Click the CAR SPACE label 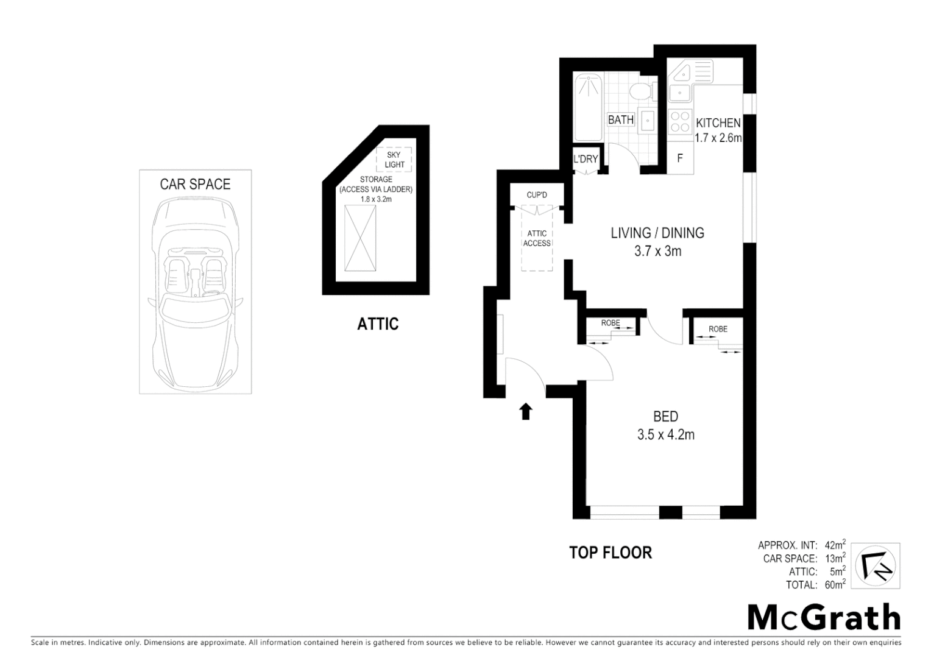(195, 184)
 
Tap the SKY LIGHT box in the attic (394, 160)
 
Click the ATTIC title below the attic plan (378, 324)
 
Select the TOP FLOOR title (610, 553)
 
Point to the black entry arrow (526, 412)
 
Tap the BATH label (620, 120)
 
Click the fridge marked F (680, 158)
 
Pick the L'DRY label (586, 159)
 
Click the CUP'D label (537, 195)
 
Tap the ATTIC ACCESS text (537, 238)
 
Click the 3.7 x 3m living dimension (657, 250)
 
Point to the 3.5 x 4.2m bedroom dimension (666, 435)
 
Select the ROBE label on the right (718, 329)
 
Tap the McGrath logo (824, 618)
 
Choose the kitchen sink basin (678, 93)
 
